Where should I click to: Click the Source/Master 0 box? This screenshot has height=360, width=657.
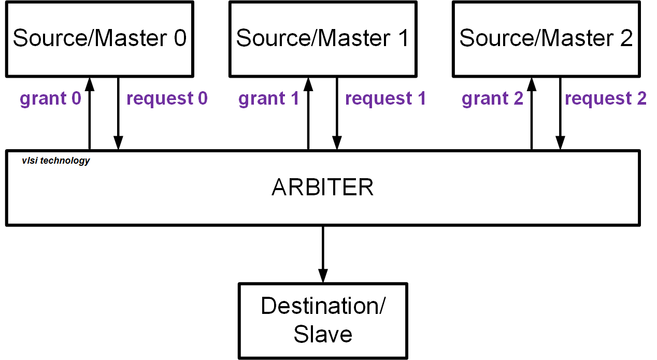point(99,39)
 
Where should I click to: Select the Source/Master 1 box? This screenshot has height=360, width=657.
point(322,39)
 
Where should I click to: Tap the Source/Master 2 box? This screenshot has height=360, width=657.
point(546,39)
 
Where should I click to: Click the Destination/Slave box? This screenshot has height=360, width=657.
point(323,320)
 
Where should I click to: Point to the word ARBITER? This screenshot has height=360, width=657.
point(322,188)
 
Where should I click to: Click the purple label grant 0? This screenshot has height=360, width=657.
point(51,98)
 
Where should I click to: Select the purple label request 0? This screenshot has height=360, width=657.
point(167,98)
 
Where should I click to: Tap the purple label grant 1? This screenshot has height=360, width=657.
point(269,98)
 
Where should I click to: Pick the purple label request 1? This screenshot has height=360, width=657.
point(385,98)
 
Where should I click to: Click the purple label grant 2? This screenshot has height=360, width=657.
point(493,98)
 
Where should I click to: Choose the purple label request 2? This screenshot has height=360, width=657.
point(606,98)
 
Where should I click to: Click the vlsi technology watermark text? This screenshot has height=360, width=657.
point(55,161)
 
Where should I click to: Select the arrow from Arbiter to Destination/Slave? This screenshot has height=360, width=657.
point(323,254)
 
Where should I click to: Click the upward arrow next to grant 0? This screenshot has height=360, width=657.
point(90,114)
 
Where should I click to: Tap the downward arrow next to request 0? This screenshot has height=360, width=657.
point(119,114)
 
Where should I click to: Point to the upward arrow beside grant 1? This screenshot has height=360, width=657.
point(309,114)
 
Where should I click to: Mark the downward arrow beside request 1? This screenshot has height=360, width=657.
point(337,114)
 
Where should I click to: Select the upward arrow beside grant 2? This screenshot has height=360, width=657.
point(532,114)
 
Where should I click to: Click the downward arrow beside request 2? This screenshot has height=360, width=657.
point(560,114)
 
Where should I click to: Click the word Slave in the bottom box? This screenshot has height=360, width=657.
point(323,334)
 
